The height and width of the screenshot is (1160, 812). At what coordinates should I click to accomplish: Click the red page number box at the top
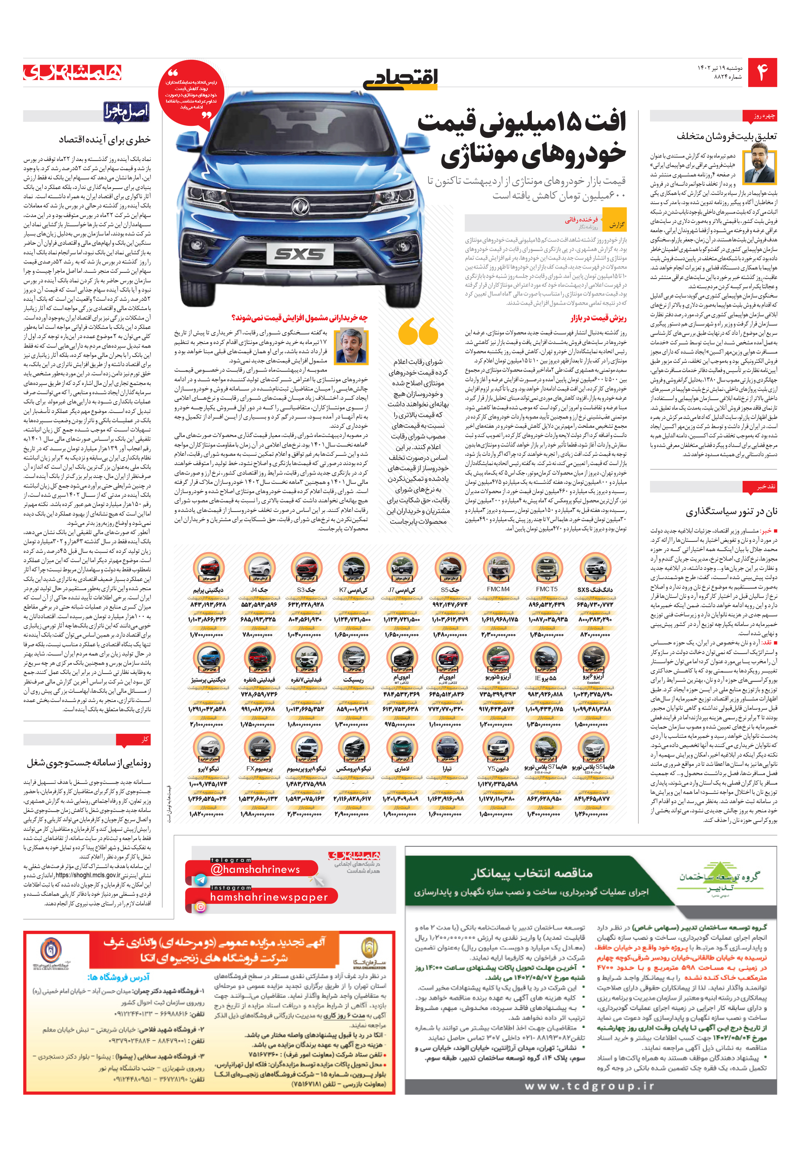(762, 73)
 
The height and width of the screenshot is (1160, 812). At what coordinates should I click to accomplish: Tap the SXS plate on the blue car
(300, 254)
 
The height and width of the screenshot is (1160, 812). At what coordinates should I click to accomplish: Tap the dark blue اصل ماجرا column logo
(126, 112)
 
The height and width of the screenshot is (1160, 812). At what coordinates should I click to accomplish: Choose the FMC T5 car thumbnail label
(547, 589)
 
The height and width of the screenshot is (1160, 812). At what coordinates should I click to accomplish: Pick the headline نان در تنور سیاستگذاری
(731, 512)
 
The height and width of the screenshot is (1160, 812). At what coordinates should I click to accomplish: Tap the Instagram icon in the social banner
(200, 907)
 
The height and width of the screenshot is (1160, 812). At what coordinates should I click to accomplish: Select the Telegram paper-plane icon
(200, 880)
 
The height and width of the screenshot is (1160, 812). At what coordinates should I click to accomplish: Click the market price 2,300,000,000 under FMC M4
(498, 634)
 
